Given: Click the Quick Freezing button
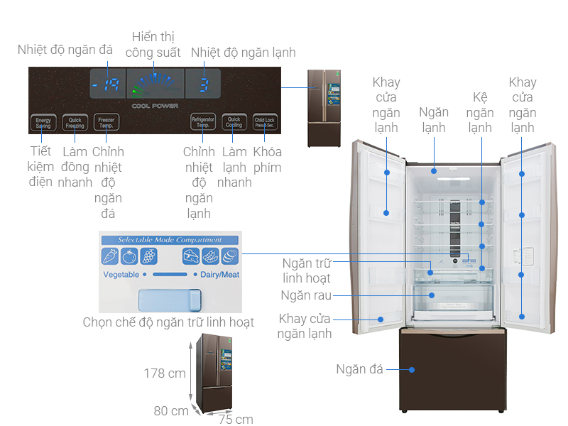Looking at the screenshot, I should coord(75,122).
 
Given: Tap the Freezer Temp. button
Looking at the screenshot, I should coord(106,122).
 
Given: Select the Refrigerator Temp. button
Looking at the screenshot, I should coord(203,122).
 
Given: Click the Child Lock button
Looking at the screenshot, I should coord(264,122).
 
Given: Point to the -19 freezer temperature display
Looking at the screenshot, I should coord(107,86).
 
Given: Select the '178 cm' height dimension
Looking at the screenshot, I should coord(165,373).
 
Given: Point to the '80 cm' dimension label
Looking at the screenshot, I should coord(171,411).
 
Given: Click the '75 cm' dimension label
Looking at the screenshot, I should coord(236,419).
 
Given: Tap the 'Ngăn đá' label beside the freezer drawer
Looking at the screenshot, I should coord(359,369).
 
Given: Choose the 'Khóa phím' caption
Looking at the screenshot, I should coord(267,160).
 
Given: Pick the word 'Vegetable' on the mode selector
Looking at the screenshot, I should coord(121,274).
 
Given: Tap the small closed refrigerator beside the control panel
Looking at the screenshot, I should coord(324,108).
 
